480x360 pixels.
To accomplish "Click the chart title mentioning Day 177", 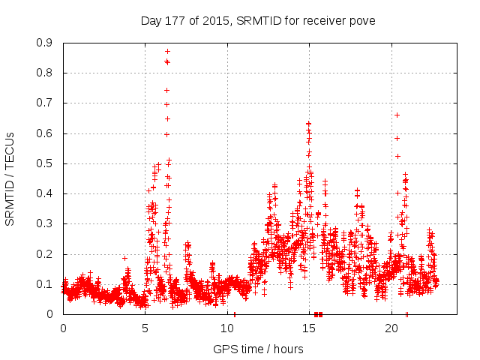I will click(258, 20).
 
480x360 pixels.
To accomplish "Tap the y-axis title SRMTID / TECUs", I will click(10, 178).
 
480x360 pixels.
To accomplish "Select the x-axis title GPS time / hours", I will click(258, 349).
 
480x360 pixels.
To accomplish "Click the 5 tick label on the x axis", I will click(145, 328).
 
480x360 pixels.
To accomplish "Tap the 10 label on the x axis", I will click(227, 328).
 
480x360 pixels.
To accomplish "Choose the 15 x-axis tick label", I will click(309, 328).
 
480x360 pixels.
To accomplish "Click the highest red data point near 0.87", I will click(167, 51).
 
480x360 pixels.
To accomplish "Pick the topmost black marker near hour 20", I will click(397, 115).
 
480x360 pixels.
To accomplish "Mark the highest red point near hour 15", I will click(308, 123).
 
